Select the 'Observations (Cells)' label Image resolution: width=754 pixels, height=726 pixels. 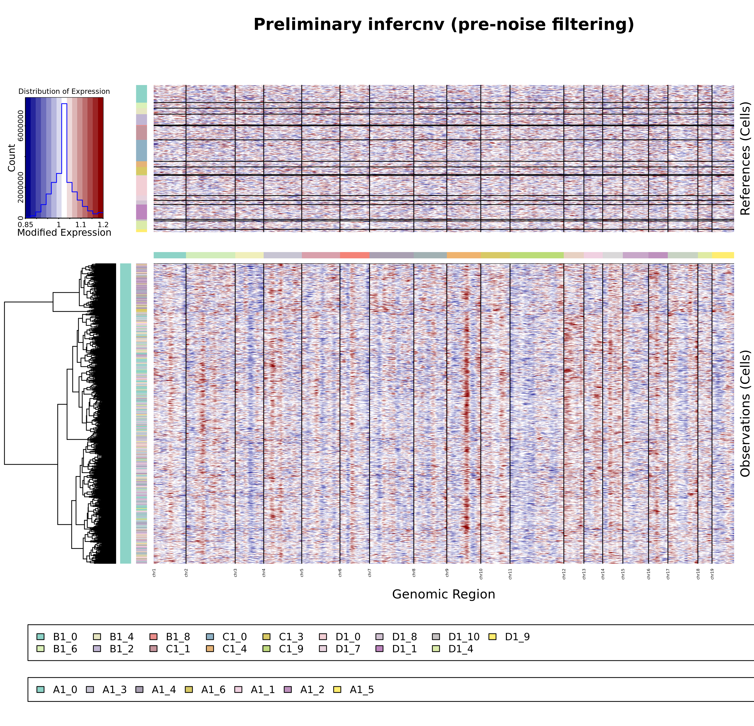(745, 414)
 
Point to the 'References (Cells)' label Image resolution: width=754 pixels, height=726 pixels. (745, 158)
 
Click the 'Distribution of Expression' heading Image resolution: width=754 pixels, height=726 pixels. (64, 92)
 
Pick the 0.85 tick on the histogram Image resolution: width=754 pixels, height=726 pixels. (25, 224)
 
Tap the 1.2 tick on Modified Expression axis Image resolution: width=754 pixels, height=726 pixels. (103, 224)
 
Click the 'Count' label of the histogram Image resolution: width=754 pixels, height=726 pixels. (12, 158)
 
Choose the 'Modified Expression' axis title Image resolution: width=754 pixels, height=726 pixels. (64, 232)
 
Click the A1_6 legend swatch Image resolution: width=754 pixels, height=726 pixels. (189, 690)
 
